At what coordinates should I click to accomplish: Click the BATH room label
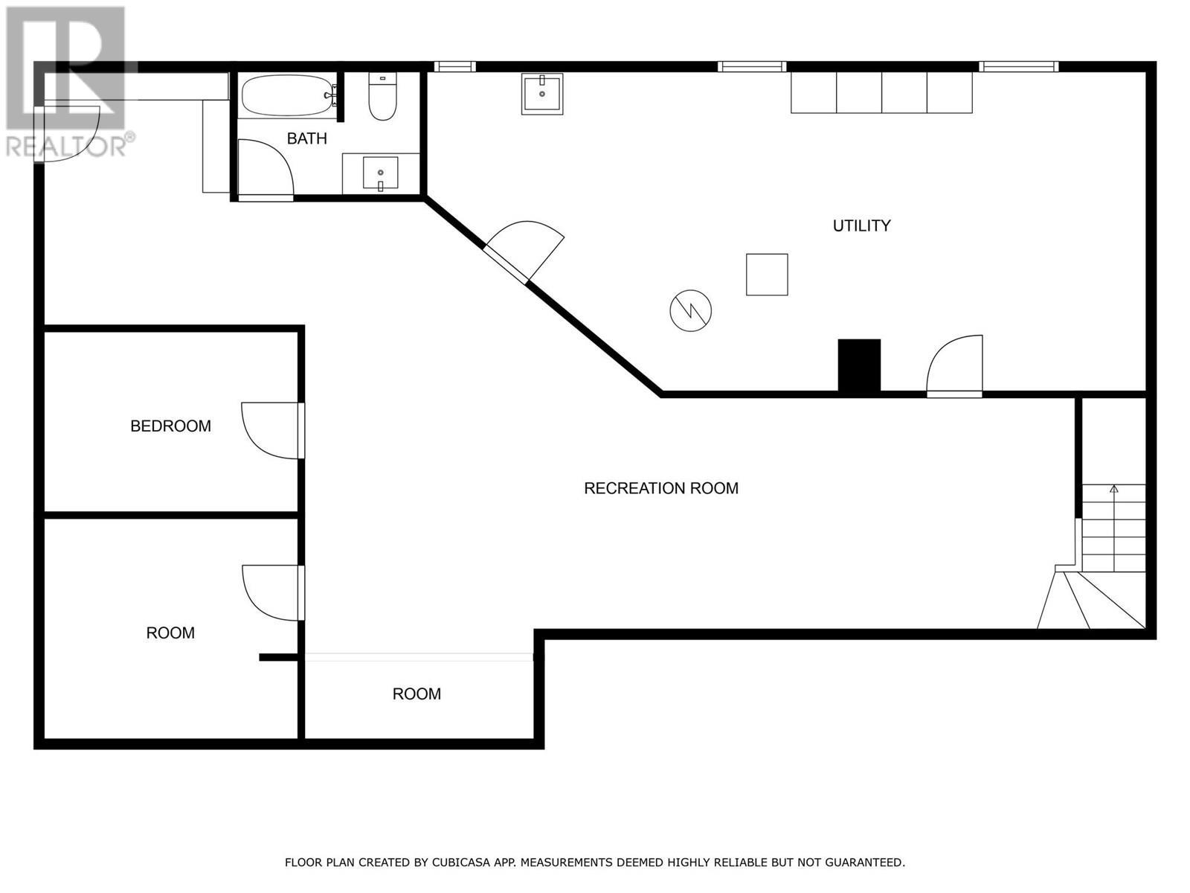pos(306,138)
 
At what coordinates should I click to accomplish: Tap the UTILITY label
pos(861,225)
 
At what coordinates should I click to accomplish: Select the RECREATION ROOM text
pos(660,488)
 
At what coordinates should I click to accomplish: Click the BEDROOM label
pos(170,426)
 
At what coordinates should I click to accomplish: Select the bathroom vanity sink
pos(380,173)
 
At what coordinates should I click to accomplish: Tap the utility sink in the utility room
pos(541,93)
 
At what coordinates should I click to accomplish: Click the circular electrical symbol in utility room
pos(690,310)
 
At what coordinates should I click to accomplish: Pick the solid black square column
pos(859,365)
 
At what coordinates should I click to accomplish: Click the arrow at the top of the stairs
pos(1113,490)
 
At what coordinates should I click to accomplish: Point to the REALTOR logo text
pos(70,146)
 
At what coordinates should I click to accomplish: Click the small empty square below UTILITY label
pos(767,275)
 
